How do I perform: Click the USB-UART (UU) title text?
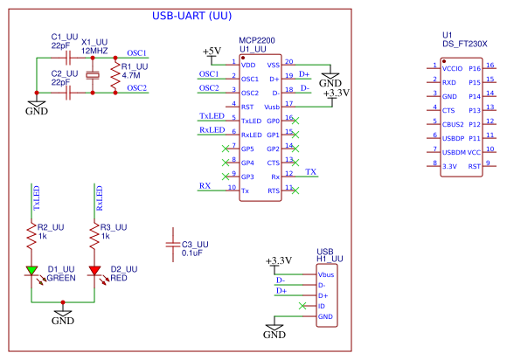click(x=191, y=16)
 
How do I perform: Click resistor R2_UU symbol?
click(x=32, y=233)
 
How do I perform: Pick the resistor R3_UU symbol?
click(x=94, y=233)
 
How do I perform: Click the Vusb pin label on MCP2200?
click(x=271, y=106)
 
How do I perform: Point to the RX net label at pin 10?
click(x=205, y=186)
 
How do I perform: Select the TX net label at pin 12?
click(x=311, y=172)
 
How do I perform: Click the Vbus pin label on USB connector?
click(x=328, y=275)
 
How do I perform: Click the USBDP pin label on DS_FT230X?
click(x=455, y=137)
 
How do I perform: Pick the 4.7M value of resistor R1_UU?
click(x=132, y=76)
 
